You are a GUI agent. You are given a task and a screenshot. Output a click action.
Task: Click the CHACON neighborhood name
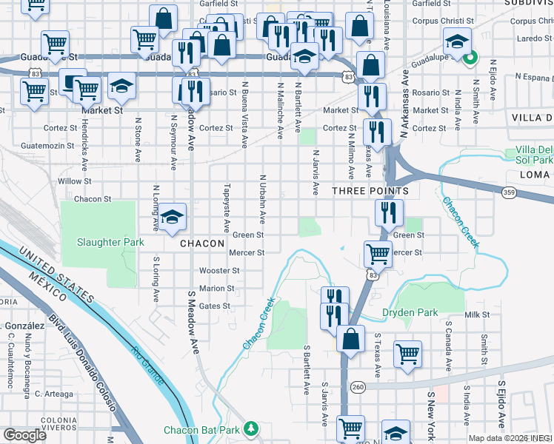(202, 243)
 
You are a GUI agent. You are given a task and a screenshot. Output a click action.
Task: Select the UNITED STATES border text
(57, 275)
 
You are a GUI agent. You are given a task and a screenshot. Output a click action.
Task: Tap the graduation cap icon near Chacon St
(172, 216)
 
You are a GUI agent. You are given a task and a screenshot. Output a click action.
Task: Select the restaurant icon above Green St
(389, 212)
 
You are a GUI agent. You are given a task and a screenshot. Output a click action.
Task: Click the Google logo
(24, 435)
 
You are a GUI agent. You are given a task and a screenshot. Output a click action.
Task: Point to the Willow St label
(74, 181)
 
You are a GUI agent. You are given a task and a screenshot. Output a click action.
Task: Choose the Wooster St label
(217, 271)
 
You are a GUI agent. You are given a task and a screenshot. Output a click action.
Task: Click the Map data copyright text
(510, 438)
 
